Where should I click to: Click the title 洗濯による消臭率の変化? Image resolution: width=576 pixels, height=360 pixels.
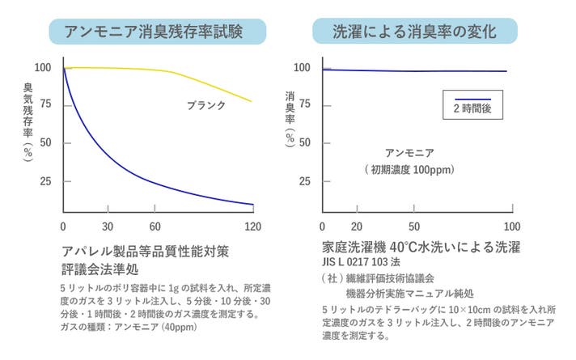[x=415, y=32]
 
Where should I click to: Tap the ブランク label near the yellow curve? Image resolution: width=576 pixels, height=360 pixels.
[x=206, y=105]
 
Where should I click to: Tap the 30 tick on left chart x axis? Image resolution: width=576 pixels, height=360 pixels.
[x=107, y=226]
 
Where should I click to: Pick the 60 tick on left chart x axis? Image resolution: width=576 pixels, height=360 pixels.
[x=156, y=226]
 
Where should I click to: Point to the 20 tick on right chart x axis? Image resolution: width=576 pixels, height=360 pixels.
[x=357, y=226]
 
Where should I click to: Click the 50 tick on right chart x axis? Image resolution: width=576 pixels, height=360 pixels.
[x=414, y=226]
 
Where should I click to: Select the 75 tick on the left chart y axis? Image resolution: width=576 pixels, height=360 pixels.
[x=45, y=104]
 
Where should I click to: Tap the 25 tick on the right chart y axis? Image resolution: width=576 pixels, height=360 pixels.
[x=305, y=181]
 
